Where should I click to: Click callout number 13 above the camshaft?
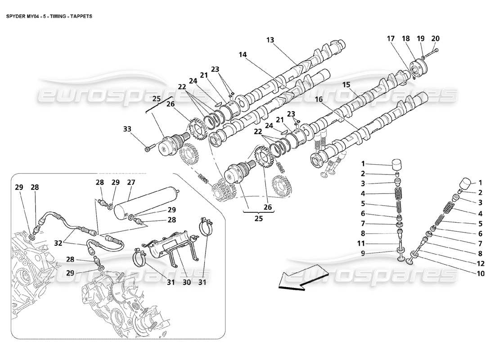270,40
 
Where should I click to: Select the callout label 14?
243,54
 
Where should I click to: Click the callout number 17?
390,39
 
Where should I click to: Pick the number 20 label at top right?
435,39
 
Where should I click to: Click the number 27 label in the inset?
131,183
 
